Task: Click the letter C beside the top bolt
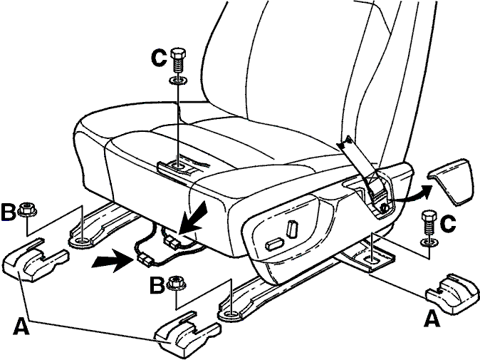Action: (160, 58)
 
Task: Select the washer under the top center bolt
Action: (178, 81)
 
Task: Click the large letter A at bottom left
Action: (21, 326)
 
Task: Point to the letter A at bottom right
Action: (432, 319)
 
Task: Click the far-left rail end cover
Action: (35, 259)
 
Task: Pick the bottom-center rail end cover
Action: (188, 334)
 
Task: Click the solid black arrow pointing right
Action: (113, 260)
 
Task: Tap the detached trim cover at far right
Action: (452, 181)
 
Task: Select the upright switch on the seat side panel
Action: (293, 229)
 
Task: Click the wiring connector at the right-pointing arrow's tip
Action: (145, 260)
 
